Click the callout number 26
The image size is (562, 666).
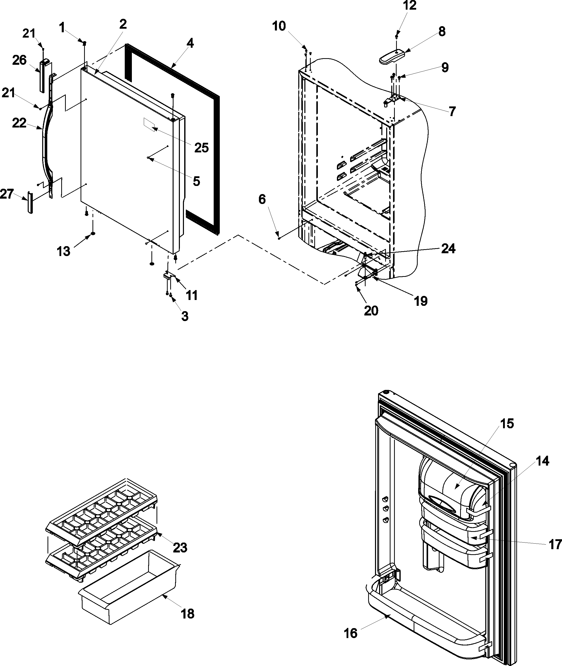[19, 60]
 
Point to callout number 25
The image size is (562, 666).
[201, 148]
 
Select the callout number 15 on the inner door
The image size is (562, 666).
[507, 424]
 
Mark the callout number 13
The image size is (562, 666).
[64, 251]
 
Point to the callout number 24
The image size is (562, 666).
[448, 248]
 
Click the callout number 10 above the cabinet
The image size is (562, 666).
[279, 26]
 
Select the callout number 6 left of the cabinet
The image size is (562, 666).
[262, 199]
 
